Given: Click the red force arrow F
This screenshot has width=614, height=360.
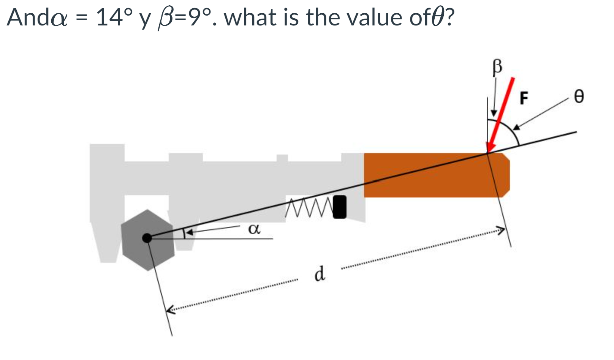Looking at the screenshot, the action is tap(501, 114).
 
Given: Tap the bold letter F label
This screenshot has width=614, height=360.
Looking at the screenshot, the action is tap(524, 98).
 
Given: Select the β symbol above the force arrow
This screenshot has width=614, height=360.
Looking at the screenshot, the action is tap(497, 67).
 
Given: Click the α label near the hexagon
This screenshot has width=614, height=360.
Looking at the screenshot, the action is tap(254, 229).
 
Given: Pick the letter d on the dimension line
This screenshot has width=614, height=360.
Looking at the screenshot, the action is tap(320, 273).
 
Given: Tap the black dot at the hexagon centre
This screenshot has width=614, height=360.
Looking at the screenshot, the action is tap(147, 238).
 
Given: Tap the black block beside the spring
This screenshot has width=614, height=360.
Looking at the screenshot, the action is tap(340, 207).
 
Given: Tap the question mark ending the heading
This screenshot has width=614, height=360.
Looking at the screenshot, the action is tap(450, 17).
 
